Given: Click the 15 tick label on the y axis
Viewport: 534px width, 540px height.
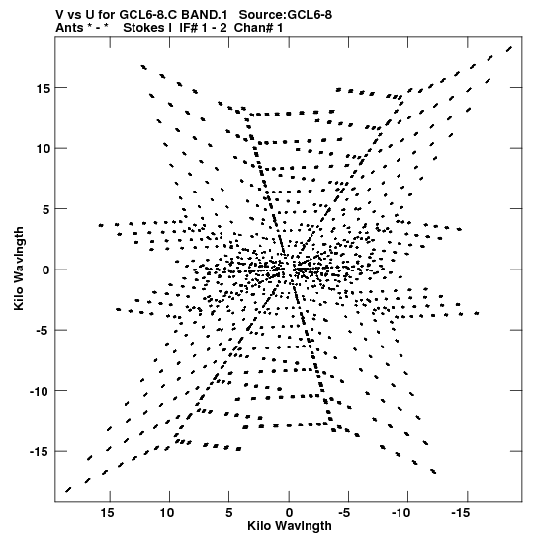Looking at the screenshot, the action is click(x=44, y=88).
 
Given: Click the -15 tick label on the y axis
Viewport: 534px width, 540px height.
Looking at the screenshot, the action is click(x=42, y=451).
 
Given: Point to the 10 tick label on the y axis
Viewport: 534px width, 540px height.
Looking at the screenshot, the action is click(x=44, y=149).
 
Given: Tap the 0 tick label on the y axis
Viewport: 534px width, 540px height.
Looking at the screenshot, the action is click(x=46, y=270).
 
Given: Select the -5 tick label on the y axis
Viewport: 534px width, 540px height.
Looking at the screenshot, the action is click(x=44, y=331).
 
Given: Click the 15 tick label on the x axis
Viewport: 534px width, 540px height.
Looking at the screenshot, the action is click(x=108, y=513).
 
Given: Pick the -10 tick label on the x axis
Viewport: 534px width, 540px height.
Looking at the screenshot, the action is click(x=401, y=513).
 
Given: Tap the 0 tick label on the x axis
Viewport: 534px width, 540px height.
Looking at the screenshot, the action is click(x=289, y=513).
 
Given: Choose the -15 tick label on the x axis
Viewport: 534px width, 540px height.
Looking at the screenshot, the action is click(x=461, y=513).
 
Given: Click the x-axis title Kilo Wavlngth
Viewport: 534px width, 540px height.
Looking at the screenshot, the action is click(x=290, y=526).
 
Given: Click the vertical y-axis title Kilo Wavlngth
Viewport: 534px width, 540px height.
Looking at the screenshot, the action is click(x=19, y=269).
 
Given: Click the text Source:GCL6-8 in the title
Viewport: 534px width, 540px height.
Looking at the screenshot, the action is click(x=286, y=15).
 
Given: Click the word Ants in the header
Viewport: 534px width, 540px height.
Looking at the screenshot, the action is click(x=69, y=28).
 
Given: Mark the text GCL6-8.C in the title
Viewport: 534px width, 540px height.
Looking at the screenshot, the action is click(x=148, y=15).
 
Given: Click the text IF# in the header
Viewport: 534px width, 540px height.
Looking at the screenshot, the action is click(x=188, y=28).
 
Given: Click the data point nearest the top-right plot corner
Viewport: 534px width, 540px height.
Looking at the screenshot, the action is click(x=509, y=49).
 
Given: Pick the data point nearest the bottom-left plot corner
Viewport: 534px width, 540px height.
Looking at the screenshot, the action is click(x=68, y=490).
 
